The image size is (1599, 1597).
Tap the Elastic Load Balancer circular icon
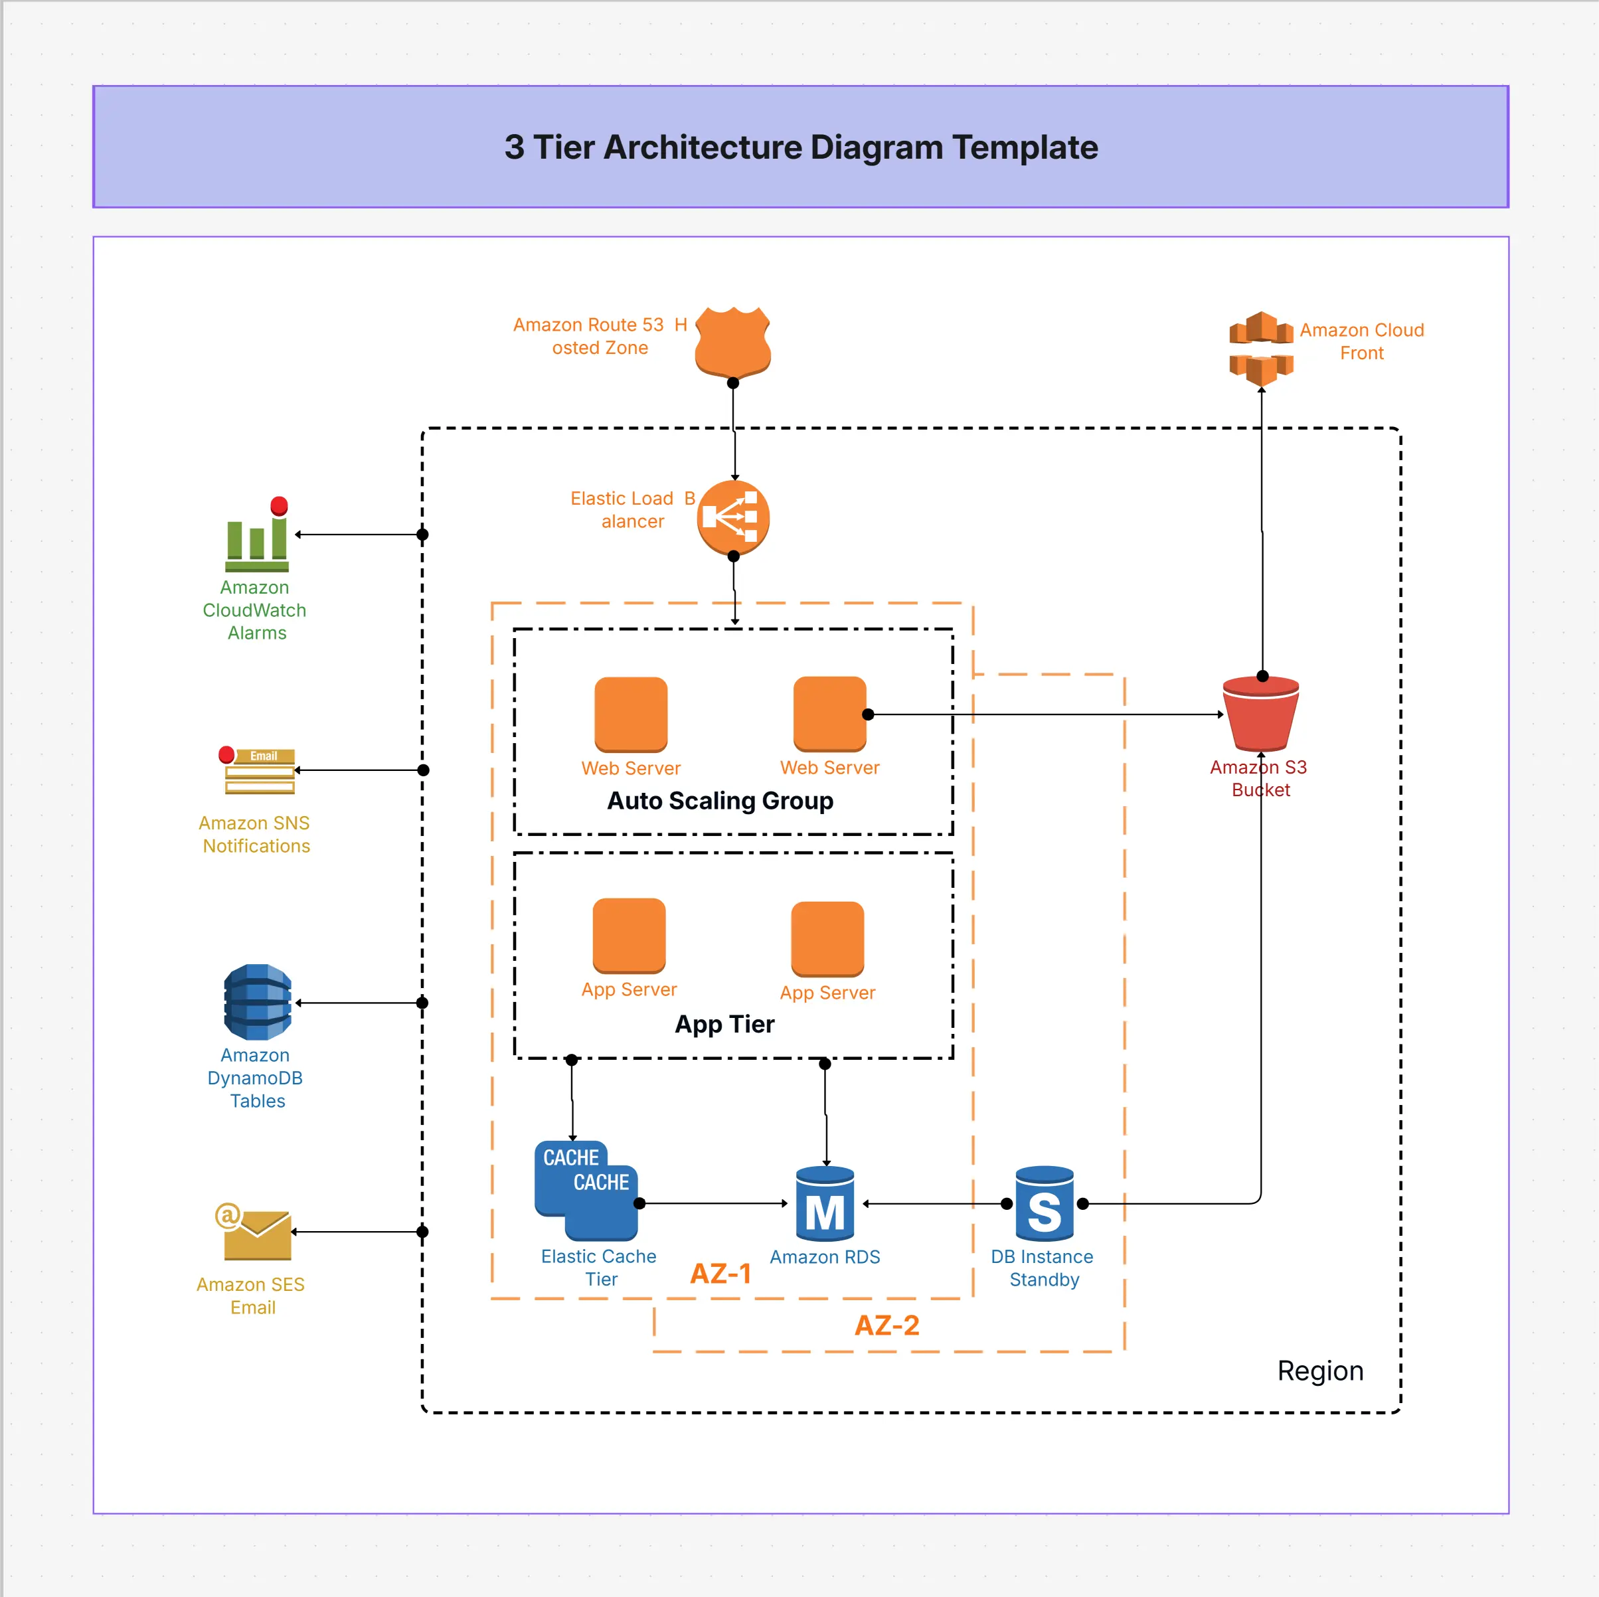(732, 517)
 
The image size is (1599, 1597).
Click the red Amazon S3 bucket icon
(1260, 713)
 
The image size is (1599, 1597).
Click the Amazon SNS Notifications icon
(259, 770)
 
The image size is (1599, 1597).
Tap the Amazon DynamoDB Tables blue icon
(258, 1002)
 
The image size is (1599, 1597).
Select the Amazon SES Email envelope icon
(256, 1232)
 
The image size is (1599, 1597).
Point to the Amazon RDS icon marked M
(824, 1204)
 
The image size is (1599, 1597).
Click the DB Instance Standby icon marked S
(1044, 1204)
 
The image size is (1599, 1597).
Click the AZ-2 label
(886, 1325)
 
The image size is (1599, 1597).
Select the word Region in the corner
(1320, 1371)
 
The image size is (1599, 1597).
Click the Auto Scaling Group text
(720, 800)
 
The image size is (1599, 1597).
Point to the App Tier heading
(724, 1023)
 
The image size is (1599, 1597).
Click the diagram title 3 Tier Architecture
(800, 147)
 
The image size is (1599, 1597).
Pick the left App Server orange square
(629, 935)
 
